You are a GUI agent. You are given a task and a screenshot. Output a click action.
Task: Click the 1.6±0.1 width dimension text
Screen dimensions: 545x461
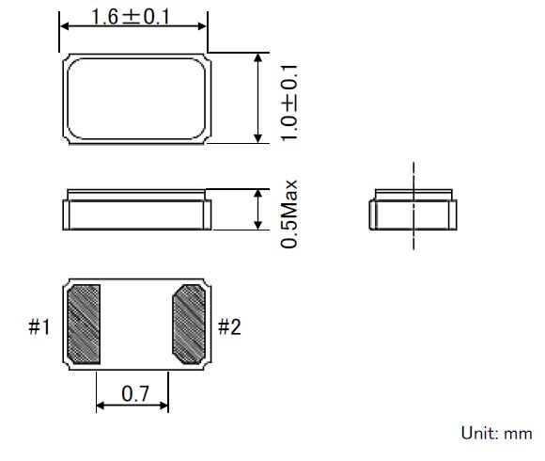131,17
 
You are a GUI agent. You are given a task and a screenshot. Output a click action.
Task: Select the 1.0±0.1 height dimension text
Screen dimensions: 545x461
289,103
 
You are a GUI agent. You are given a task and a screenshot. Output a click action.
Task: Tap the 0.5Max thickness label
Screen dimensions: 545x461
289,214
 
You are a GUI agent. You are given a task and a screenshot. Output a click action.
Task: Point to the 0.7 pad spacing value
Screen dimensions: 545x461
135,393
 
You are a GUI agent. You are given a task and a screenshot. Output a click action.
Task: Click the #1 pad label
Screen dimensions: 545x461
39,326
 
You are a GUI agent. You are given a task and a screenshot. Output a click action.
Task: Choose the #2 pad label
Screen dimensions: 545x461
229,326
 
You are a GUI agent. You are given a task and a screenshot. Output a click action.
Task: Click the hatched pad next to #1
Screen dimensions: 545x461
84,325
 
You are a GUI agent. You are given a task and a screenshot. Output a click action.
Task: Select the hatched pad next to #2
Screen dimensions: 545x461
189,325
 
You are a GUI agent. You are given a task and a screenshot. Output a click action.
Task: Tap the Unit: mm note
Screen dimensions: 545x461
496,434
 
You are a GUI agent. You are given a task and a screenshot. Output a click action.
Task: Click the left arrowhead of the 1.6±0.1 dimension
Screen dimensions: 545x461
64,26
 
